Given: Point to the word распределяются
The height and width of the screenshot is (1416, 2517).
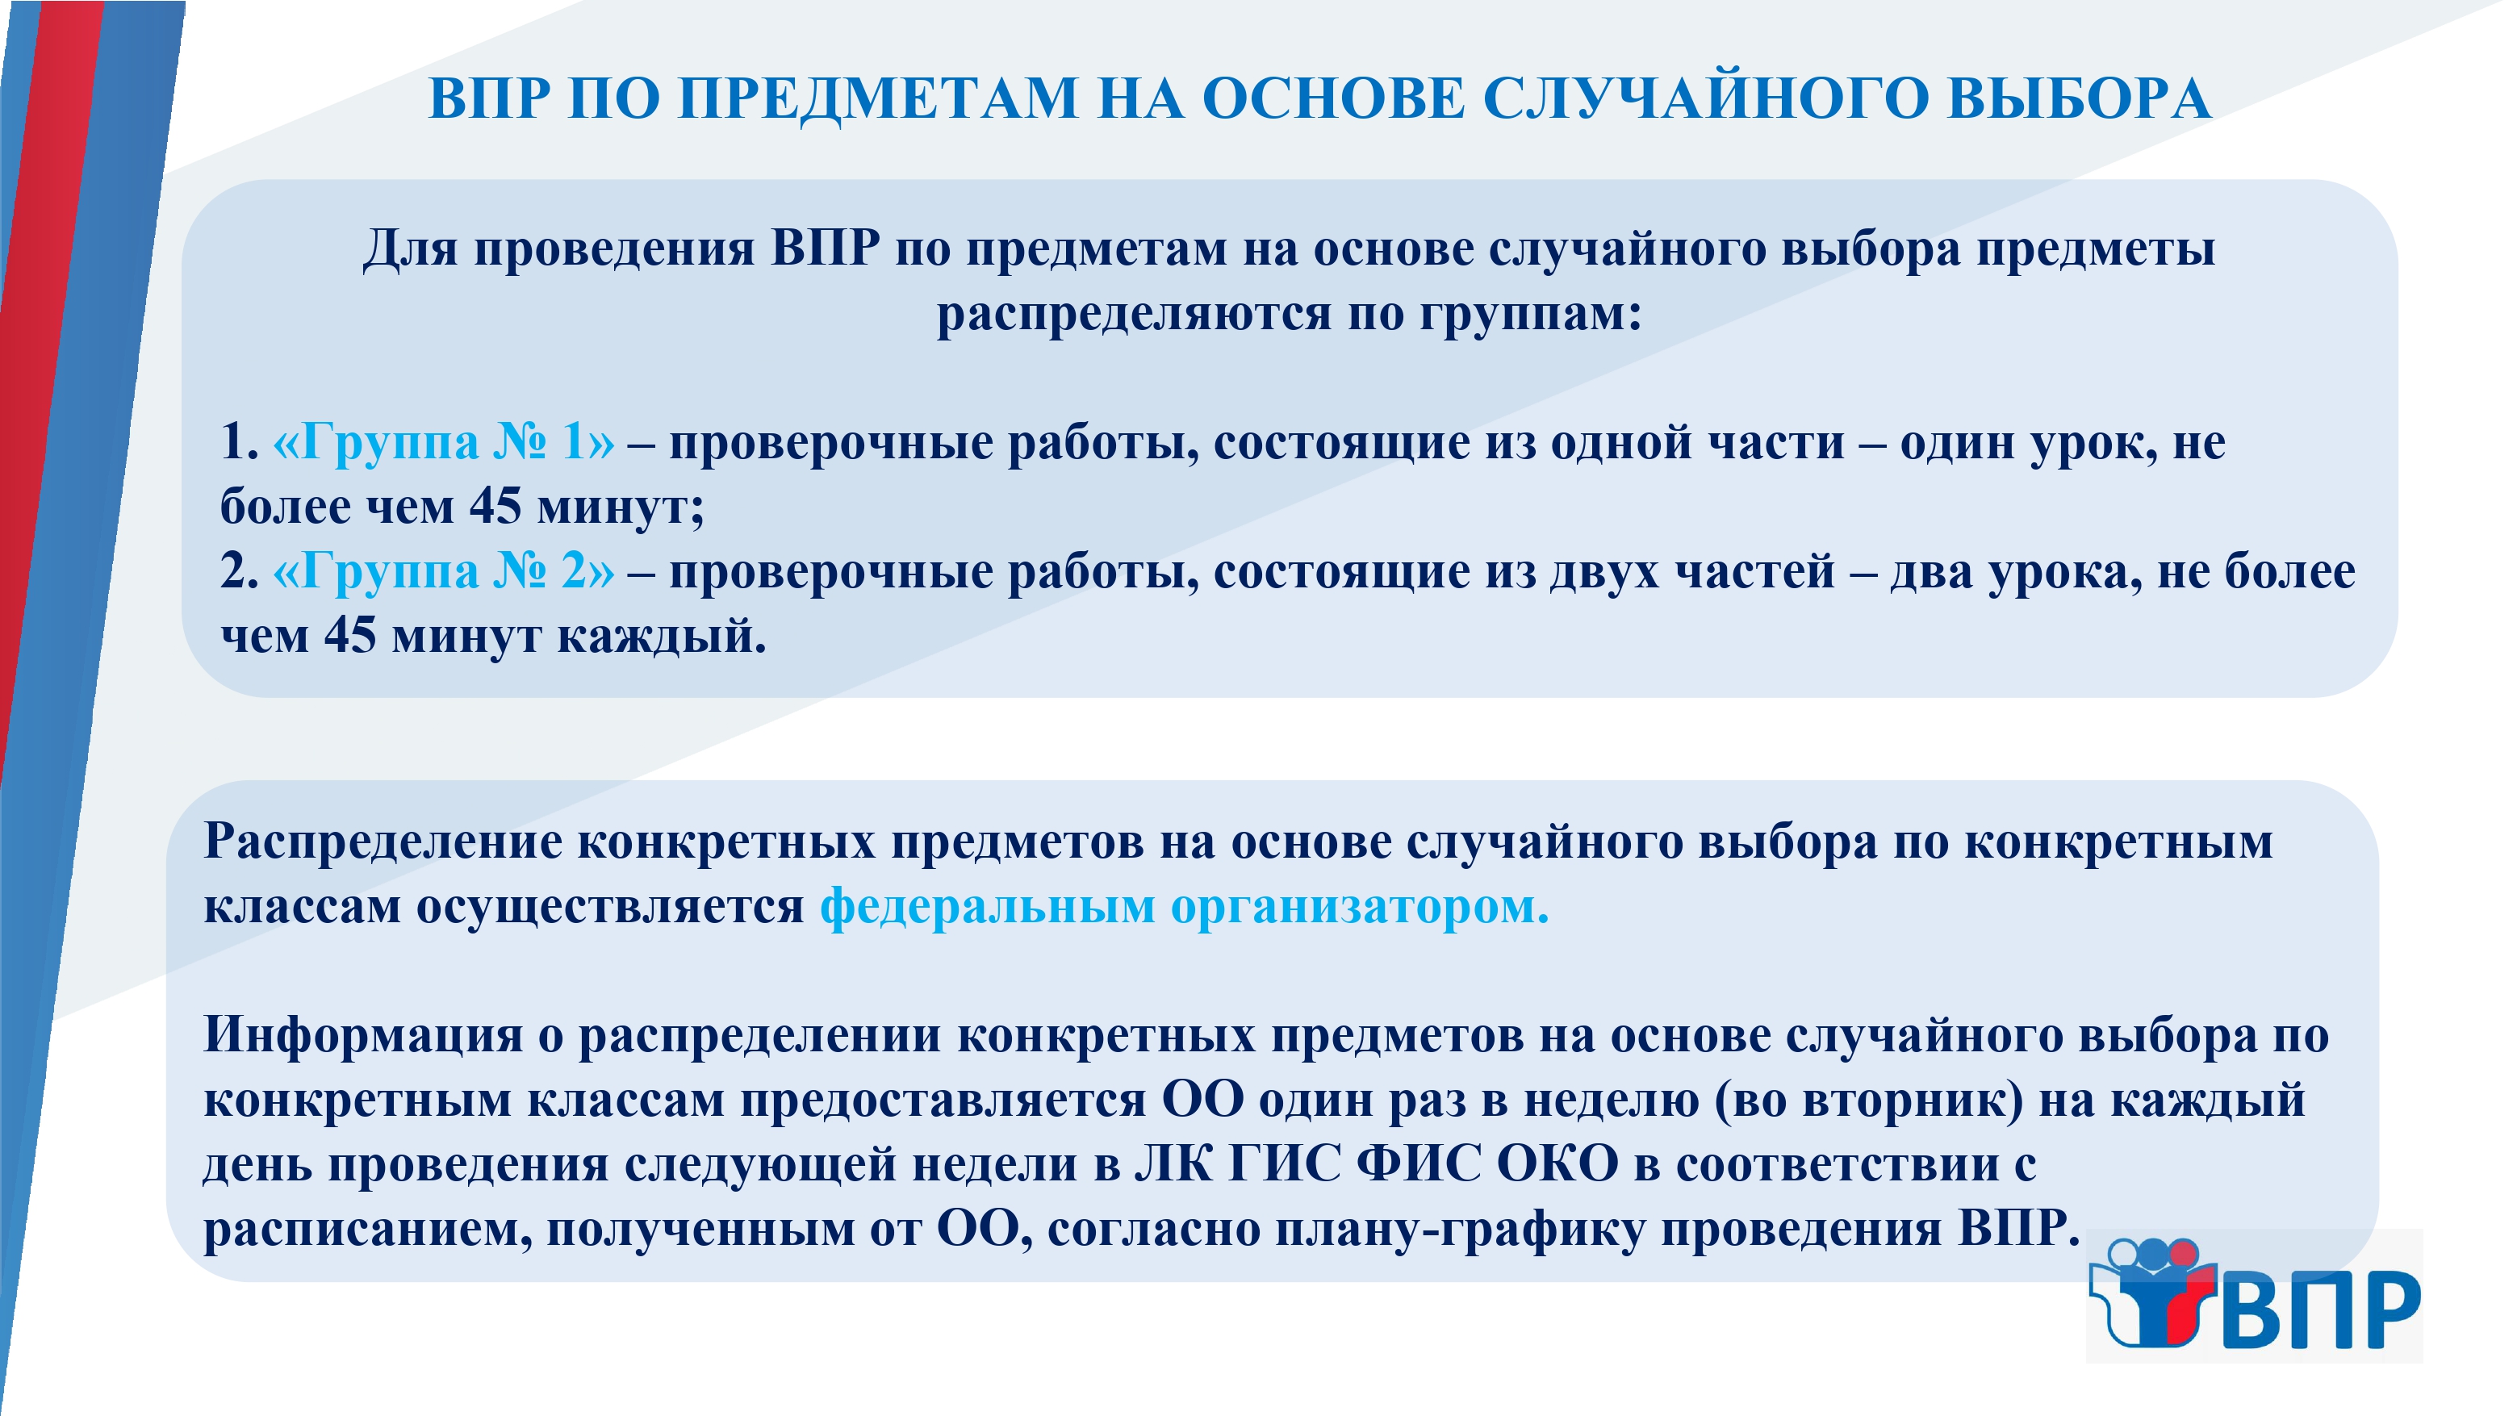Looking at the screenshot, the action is pos(1135,315).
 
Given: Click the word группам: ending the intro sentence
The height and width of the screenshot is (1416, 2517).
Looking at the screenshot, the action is pos(1530,315).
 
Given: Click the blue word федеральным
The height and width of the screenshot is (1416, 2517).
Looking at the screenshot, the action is pos(988,906).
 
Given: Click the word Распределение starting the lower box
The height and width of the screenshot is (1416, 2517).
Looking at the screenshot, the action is pos(383,842).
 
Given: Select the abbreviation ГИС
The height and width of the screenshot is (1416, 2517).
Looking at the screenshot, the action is pos(1285,1164).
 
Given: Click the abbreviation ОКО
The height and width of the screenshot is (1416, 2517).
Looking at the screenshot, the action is pos(1557,1164).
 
